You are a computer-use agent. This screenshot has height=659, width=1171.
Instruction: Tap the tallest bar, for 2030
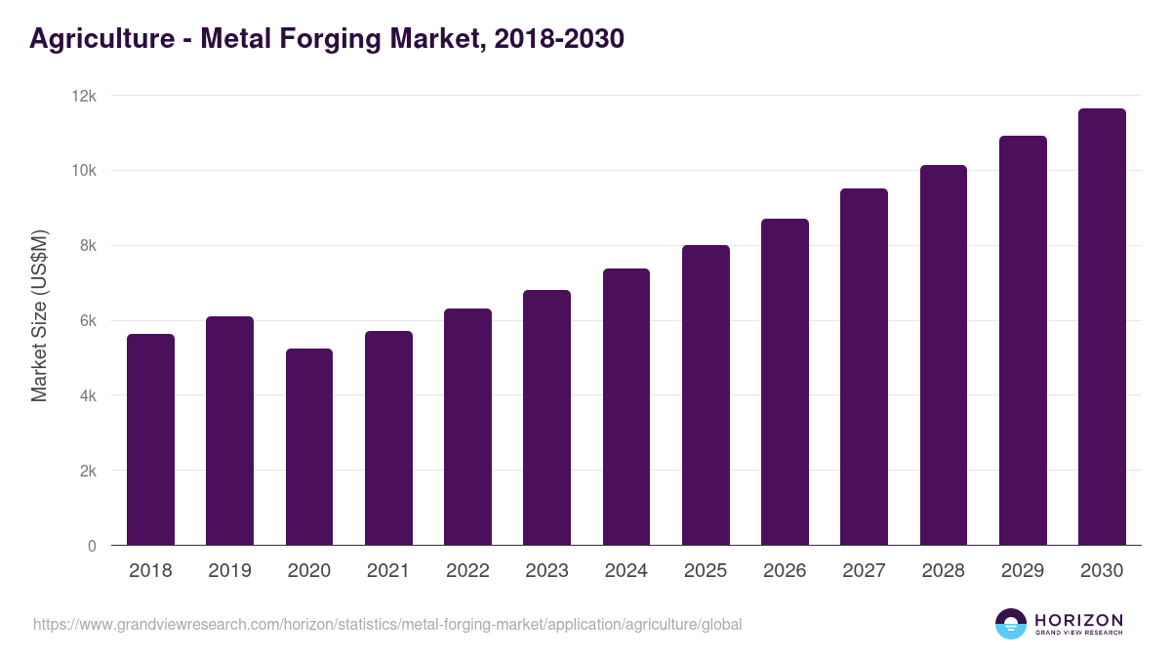pos(1102,327)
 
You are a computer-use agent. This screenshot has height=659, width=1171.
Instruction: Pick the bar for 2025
pos(706,395)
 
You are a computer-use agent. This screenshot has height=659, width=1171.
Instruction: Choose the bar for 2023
pos(546,418)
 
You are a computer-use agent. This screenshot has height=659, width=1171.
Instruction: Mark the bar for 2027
pos(864,367)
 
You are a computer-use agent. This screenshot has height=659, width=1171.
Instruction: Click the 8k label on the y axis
pos(88,246)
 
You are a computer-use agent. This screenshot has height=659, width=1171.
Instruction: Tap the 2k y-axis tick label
pos(88,471)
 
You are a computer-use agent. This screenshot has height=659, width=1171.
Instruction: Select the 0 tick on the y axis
pos(92,546)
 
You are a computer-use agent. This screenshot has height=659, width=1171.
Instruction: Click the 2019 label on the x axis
pos(229,571)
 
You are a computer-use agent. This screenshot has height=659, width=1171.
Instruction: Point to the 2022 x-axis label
pos(467,571)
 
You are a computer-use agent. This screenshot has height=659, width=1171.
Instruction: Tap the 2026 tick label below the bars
pos(785,571)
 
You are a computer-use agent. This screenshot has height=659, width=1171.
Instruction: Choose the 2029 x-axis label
pos(1023,571)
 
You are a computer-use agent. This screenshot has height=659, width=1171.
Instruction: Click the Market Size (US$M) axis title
pos(39,316)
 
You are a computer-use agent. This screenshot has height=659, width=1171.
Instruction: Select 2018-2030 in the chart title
pos(559,39)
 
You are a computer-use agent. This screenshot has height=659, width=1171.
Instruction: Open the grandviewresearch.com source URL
pos(387,624)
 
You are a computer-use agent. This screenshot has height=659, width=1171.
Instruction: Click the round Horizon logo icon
pos(1011,624)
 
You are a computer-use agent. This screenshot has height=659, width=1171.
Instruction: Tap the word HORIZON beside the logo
pos(1078,619)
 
